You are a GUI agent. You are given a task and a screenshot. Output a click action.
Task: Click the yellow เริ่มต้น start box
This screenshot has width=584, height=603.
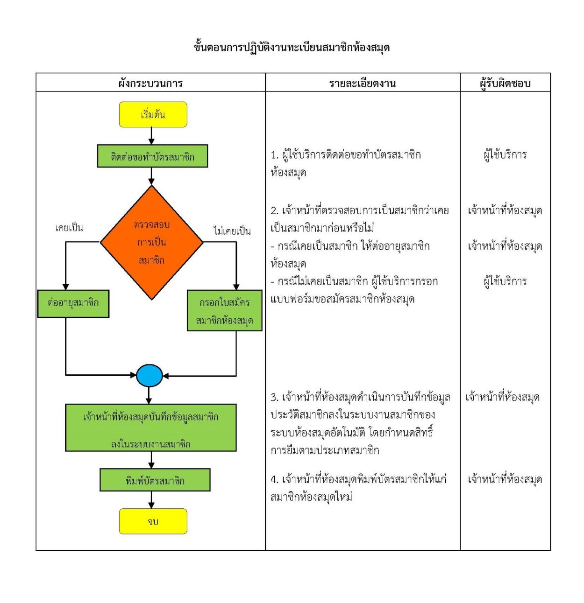(153, 115)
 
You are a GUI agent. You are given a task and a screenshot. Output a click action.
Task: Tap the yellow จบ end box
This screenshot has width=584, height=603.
(153, 521)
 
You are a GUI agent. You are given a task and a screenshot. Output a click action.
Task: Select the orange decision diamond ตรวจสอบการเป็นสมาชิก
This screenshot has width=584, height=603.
(152, 242)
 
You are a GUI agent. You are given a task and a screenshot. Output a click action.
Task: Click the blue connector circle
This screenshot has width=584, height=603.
(150, 375)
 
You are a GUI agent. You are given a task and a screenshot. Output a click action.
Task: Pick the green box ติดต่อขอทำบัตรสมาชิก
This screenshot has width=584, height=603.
(152, 156)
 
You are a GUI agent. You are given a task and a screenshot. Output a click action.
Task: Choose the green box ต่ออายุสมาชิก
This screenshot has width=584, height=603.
(73, 303)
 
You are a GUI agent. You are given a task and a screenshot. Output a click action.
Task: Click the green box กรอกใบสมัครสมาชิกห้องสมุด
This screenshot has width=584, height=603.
(224, 311)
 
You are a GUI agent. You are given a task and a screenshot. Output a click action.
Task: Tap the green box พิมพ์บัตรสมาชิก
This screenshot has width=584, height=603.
(155, 480)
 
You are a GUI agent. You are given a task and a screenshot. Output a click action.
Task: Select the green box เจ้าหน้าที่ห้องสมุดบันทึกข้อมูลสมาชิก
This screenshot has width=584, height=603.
(150, 428)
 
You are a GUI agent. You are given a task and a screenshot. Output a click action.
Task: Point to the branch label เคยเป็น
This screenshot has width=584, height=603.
(69, 228)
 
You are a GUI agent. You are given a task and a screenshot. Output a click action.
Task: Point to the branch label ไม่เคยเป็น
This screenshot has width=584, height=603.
(232, 231)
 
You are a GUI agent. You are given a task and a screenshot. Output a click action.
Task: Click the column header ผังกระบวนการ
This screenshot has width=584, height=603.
(150, 84)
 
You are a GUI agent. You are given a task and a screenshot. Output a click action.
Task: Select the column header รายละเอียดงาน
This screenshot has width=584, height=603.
(362, 84)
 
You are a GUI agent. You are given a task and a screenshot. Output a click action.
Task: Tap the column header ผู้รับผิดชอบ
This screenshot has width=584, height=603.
(505, 84)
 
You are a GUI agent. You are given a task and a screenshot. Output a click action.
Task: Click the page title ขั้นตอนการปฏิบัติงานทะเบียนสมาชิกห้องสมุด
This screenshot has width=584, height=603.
(292, 48)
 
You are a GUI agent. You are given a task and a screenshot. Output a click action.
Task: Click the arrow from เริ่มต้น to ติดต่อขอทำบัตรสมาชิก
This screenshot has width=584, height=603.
(151, 136)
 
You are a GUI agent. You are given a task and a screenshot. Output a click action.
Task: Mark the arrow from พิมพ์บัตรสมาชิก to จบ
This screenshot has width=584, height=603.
(151, 500)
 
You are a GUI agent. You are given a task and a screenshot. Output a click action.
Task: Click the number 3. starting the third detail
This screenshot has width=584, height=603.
(274, 398)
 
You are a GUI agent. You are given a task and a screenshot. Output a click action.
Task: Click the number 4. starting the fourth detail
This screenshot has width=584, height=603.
(274, 480)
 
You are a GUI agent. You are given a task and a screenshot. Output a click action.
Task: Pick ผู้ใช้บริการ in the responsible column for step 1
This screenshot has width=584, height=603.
(505, 155)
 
